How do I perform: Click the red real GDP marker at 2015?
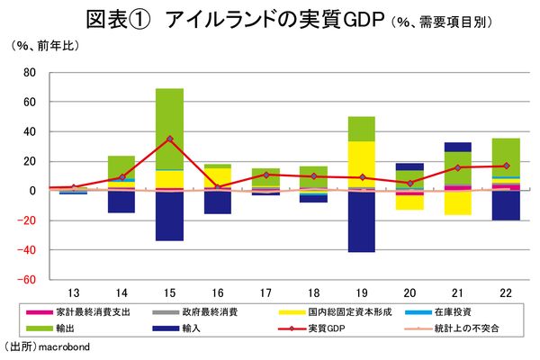[x=169, y=139]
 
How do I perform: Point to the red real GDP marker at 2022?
[x=506, y=166]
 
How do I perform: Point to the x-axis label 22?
[x=506, y=293]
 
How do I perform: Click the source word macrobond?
[x=65, y=346]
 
